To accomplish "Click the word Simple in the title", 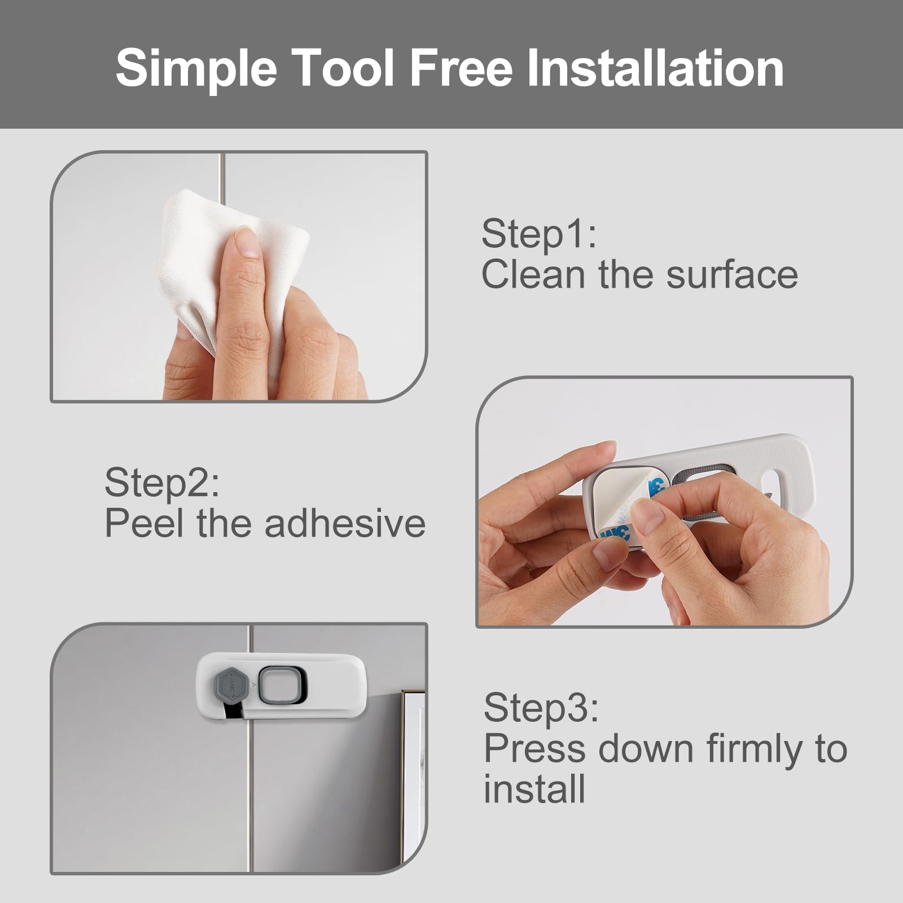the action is click(196, 69).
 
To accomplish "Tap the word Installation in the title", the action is click(655, 68).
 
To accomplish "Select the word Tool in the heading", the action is click(344, 68).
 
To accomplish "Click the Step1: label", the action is click(539, 235).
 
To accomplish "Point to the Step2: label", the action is click(162, 483).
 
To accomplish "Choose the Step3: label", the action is click(541, 708).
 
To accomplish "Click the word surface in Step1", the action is click(733, 274).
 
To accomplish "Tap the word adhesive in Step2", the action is click(345, 523).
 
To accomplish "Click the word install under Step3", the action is click(534, 789).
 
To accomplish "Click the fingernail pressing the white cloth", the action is click(246, 243).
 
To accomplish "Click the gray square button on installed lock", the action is click(280, 686).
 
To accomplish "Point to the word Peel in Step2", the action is click(144, 523).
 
